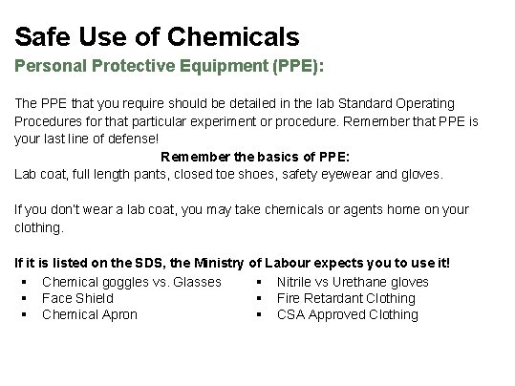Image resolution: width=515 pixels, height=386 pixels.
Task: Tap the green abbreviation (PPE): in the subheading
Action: [x=293, y=69]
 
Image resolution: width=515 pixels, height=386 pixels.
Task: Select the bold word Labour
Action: [x=294, y=263]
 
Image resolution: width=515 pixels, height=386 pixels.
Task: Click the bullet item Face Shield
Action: [x=77, y=298]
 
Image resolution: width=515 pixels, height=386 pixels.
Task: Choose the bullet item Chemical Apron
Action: [x=90, y=314]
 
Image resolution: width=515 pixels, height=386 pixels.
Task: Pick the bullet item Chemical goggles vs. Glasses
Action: [x=132, y=281]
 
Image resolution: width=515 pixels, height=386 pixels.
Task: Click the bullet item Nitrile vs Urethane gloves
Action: [x=353, y=281]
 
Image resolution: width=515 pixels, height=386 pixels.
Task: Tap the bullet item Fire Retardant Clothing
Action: [x=346, y=298]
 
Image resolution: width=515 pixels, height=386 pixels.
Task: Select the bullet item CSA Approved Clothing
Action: [x=347, y=314]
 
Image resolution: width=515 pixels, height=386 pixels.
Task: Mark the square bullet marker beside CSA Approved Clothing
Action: [x=259, y=314]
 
